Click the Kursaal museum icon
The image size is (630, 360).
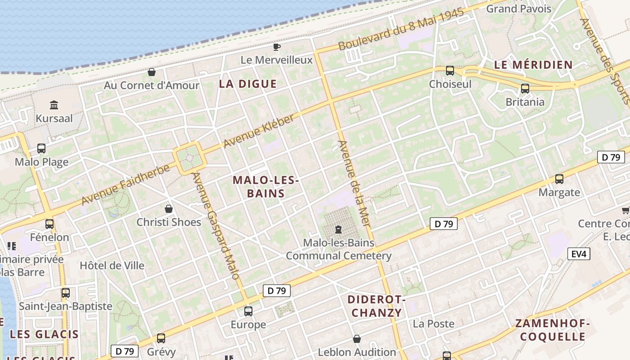click(54, 105)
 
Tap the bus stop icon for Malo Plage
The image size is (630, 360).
click(41, 148)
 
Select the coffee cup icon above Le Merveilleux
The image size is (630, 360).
click(277, 47)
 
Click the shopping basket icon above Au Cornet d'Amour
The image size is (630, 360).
click(152, 72)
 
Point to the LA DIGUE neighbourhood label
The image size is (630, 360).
click(247, 84)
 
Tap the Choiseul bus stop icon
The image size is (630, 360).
click(450, 70)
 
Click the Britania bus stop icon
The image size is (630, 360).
click(525, 88)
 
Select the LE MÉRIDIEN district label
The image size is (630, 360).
click(533, 65)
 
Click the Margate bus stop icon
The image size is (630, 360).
click(559, 179)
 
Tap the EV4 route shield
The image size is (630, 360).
click(579, 254)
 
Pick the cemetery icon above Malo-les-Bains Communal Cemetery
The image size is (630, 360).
click(338, 229)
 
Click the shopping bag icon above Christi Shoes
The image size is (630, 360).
click(169, 209)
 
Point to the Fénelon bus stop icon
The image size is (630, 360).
click(49, 224)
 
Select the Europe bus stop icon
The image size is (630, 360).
click(248, 311)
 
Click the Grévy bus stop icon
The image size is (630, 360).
click(161, 338)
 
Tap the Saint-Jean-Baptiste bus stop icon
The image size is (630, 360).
click(66, 292)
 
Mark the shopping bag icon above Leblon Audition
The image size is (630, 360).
click(357, 338)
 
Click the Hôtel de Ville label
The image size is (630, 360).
click(112, 265)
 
